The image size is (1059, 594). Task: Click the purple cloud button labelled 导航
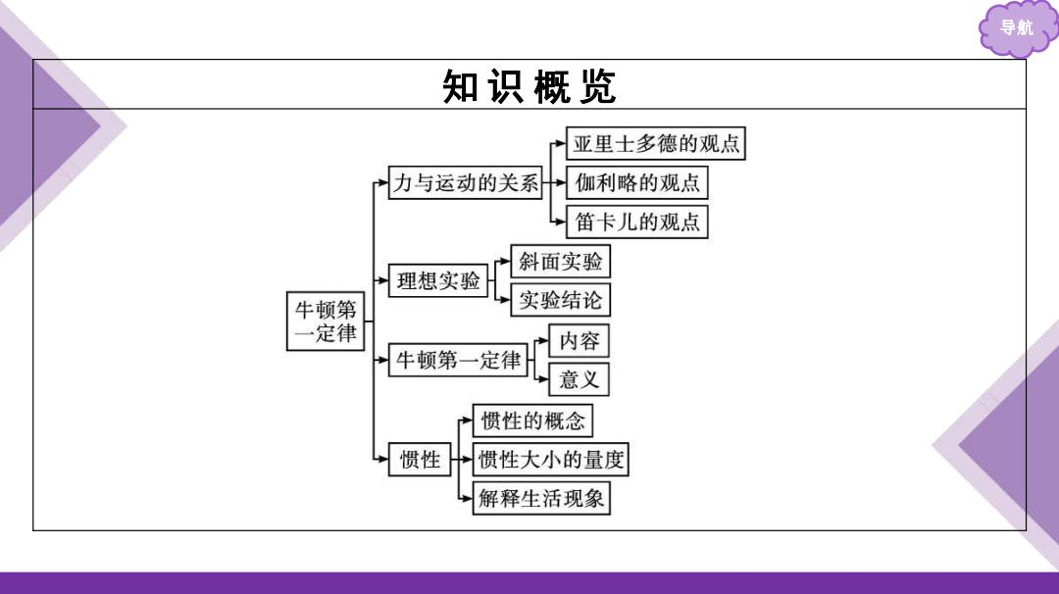point(1017,28)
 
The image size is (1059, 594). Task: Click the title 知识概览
point(529,86)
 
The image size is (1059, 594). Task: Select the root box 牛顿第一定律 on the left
point(326,322)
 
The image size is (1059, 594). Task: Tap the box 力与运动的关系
point(466,182)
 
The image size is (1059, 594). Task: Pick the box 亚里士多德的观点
point(655,143)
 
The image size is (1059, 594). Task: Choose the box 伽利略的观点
point(637,182)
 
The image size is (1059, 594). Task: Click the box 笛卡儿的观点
point(637,222)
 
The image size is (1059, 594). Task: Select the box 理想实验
point(437,280)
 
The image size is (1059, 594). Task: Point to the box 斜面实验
point(561,262)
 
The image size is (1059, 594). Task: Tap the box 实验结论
point(561,300)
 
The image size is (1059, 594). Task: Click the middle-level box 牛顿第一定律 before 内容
point(458,360)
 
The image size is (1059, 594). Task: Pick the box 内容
point(579,341)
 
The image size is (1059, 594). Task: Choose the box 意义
point(579,379)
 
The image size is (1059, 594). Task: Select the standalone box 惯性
point(420,460)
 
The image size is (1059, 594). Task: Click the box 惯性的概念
point(532,421)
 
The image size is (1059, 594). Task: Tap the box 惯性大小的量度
point(550,460)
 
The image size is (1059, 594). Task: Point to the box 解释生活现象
point(541,498)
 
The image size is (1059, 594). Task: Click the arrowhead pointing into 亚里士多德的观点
point(561,143)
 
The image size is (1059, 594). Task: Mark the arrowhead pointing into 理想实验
point(383,280)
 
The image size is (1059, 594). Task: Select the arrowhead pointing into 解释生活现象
point(468,498)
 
